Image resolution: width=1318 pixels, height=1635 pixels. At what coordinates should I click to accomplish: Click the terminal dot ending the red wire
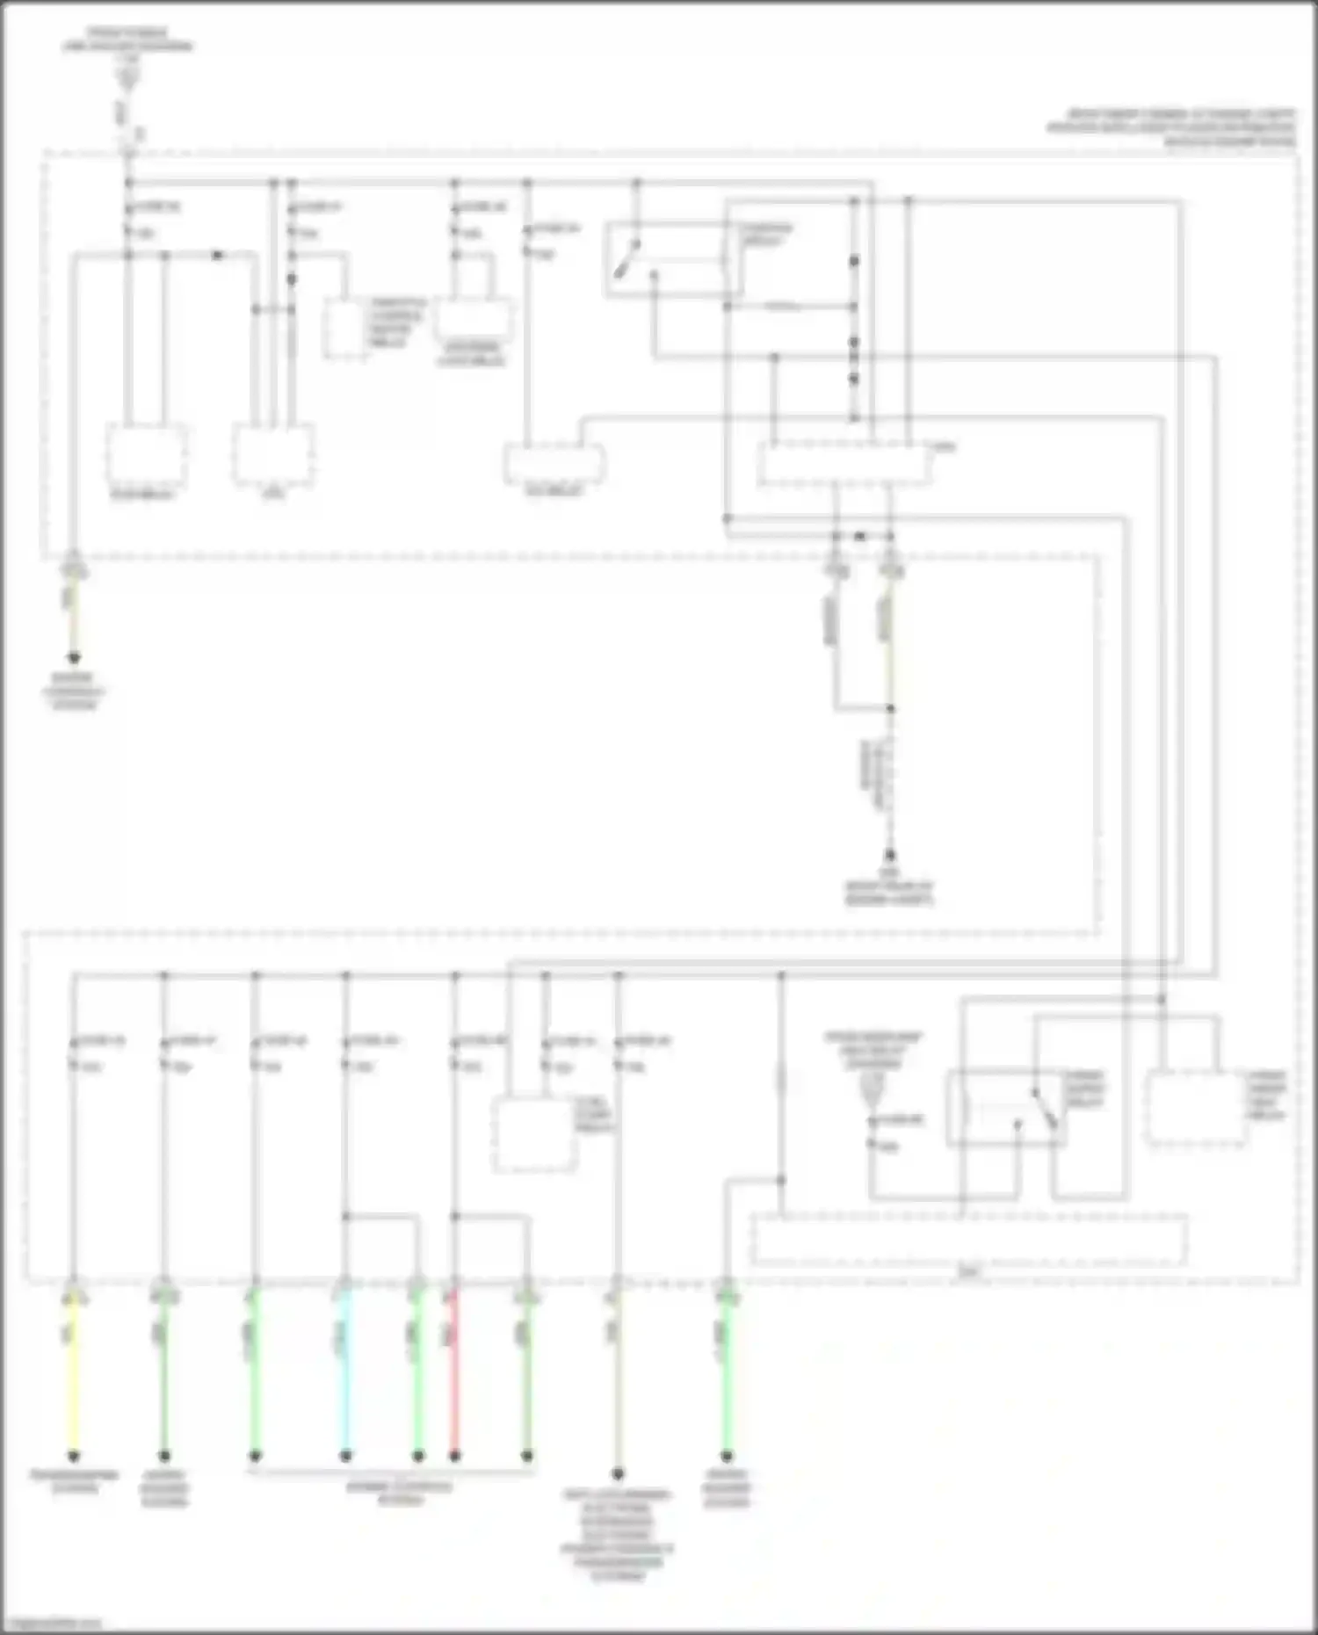(x=454, y=1456)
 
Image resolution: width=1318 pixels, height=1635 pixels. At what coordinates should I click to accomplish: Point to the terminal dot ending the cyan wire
(x=345, y=1456)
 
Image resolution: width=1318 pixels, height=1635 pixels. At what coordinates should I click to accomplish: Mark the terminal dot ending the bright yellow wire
(x=74, y=1456)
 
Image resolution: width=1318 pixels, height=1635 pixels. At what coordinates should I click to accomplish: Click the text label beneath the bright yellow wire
(x=75, y=1480)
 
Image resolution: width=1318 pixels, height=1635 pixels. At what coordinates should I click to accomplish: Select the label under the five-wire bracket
(x=401, y=1493)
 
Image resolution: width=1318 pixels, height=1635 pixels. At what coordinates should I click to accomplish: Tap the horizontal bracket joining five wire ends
(x=391, y=1470)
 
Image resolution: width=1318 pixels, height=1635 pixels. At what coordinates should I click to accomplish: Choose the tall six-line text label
(x=617, y=1534)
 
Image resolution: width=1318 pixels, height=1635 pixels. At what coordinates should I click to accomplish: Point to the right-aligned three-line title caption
(x=1171, y=127)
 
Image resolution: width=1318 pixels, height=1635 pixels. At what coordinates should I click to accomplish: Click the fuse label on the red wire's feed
(x=482, y=1041)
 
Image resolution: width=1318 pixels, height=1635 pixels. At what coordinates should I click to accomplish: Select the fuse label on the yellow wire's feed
(x=102, y=1041)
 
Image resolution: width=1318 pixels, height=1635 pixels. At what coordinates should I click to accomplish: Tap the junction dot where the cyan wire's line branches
(x=345, y=1217)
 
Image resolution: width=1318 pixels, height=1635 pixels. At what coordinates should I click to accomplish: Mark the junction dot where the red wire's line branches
(x=454, y=1217)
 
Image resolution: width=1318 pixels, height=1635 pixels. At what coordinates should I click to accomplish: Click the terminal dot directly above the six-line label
(x=618, y=1474)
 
